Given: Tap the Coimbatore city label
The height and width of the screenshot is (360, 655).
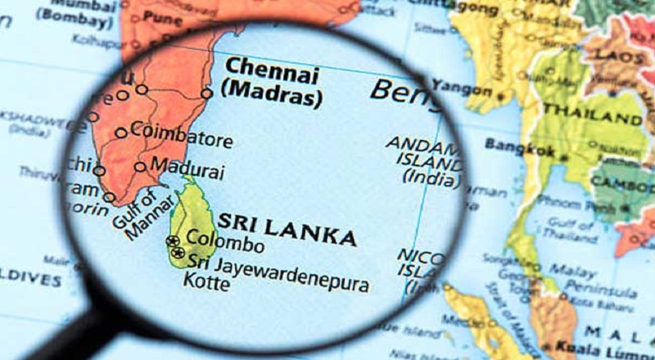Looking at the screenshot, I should (181, 134).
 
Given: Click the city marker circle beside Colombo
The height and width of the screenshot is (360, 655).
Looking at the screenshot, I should (173, 241).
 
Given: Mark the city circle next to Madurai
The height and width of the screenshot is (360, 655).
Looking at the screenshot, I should (141, 167).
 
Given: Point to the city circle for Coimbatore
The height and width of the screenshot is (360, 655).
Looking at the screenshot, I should (121, 133).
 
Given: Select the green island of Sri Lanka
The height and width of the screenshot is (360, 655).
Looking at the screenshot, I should (191, 221).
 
